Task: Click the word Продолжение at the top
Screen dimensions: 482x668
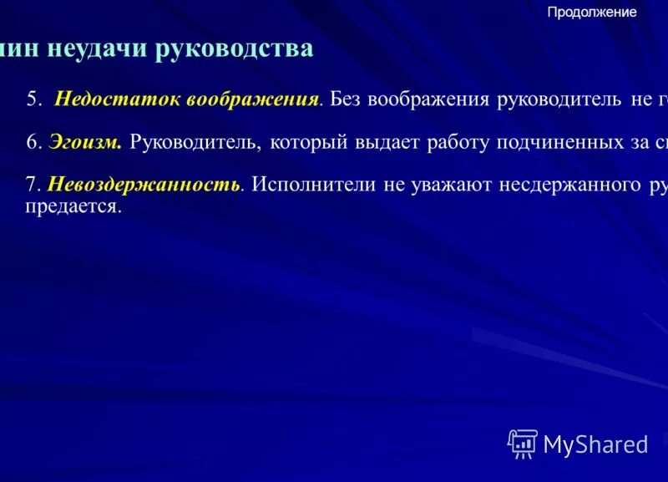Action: click(592, 12)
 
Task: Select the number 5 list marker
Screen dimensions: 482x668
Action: click(33, 99)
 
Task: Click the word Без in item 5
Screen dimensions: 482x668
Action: click(345, 99)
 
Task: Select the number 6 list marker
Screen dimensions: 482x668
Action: click(33, 143)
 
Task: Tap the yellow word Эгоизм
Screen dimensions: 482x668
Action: click(85, 143)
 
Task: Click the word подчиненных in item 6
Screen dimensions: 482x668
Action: click(557, 143)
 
